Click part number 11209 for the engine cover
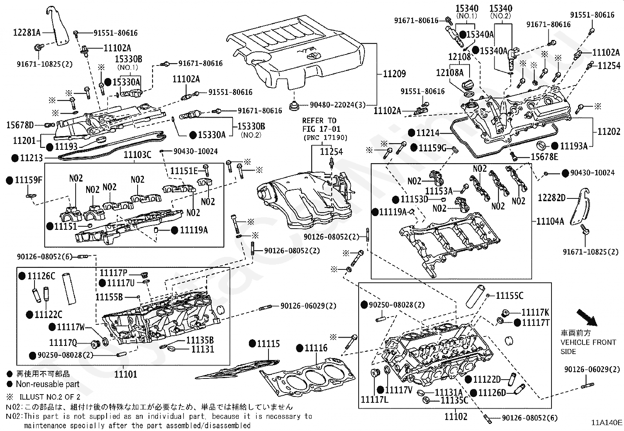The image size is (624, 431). [394, 74]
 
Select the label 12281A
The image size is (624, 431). [27, 33]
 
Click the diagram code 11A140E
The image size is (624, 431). [607, 422]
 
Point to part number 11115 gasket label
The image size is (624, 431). [268, 344]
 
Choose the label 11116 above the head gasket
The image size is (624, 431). [316, 348]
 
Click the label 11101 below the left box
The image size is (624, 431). [125, 374]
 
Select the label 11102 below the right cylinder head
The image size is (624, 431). [456, 416]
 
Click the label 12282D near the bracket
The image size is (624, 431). [551, 198]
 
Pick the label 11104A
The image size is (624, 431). [550, 222]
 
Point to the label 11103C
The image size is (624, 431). [137, 155]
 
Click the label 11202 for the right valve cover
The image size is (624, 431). [609, 132]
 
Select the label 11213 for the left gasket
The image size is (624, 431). [31, 158]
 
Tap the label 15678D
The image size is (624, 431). [20, 125]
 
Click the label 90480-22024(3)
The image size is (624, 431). [337, 105]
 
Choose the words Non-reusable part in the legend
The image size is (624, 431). [47, 384]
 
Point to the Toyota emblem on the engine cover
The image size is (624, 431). [312, 55]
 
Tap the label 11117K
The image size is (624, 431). [535, 313]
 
